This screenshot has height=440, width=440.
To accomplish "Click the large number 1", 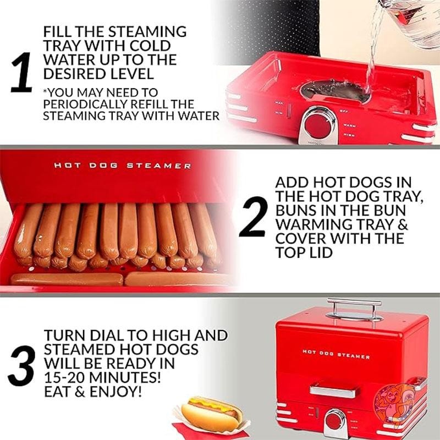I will point(22,73).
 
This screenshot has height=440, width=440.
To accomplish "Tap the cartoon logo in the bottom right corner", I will point(392,400).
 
